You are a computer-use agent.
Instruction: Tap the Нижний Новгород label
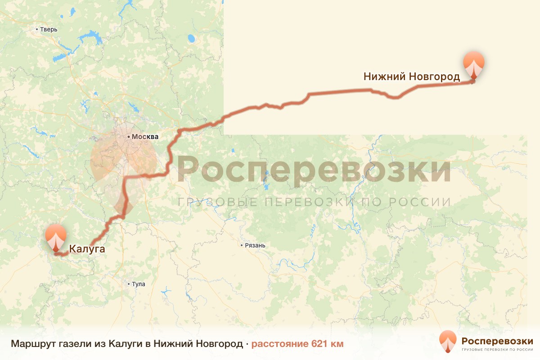point(411,76)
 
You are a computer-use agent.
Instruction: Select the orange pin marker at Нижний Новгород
point(474,65)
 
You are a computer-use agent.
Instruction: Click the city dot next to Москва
point(129,136)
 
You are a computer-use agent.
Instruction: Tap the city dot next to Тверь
point(37,30)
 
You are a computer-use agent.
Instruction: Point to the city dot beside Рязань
point(242,246)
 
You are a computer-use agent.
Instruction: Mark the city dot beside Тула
point(129,284)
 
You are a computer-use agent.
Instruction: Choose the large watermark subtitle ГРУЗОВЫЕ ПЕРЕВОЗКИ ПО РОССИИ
point(314,202)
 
